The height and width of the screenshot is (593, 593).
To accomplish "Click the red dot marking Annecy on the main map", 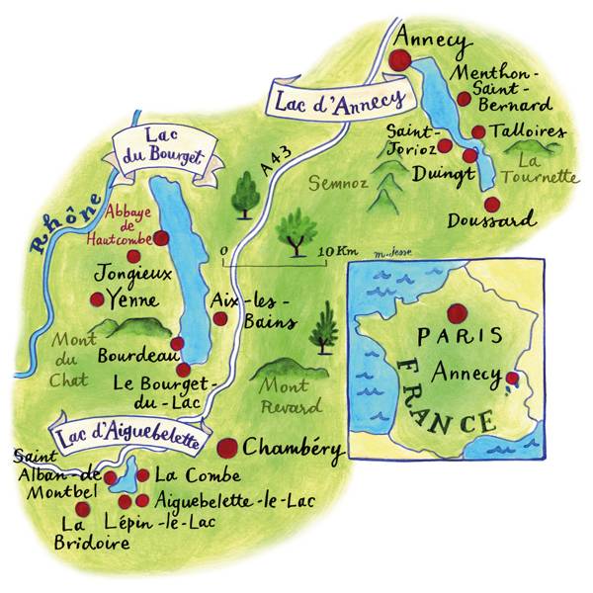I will (x=400, y=60).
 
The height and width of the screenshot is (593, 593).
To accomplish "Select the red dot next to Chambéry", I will (x=228, y=447).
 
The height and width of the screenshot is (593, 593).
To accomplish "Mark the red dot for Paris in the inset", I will (x=455, y=313).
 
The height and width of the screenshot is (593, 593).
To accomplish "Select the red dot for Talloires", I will (x=478, y=131).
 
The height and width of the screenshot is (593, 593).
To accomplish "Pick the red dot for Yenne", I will (x=97, y=299).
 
